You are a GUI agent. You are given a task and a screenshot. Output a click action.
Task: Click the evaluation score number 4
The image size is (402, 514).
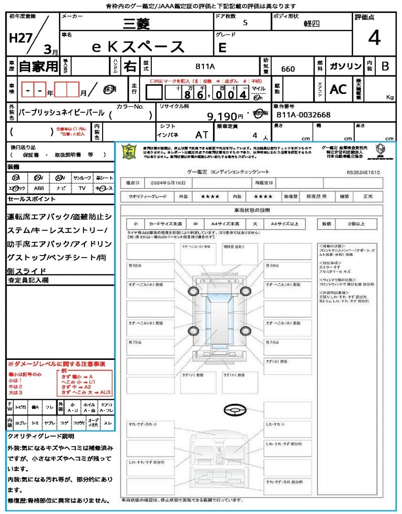point(373,38)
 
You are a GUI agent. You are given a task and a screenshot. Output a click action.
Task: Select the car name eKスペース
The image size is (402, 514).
point(139,47)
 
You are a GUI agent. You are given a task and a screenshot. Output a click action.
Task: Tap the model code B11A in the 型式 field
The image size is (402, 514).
point(205,66)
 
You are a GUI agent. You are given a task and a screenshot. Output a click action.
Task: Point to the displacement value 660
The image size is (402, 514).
point(288,69)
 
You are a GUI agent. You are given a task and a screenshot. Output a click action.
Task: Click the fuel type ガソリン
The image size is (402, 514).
point(345,66)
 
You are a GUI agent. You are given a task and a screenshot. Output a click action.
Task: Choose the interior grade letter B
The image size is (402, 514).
point(385,66)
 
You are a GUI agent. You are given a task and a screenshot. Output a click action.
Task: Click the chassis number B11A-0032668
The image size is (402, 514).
point(304,115)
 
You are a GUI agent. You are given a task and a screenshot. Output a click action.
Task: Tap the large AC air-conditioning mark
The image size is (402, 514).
point(338,89)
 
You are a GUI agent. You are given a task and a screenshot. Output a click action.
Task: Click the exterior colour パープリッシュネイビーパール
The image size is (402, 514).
point(61,113)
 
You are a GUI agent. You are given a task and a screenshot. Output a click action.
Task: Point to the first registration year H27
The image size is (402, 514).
point(19,39)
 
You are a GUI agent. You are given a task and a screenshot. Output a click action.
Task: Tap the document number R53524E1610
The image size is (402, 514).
point(363,172)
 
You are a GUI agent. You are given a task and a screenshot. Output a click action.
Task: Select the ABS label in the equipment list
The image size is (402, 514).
point(39,188)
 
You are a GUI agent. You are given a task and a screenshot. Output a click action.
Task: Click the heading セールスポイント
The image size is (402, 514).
point(32,199)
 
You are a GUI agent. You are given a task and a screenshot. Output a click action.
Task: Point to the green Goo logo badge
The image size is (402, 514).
point(130,152)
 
